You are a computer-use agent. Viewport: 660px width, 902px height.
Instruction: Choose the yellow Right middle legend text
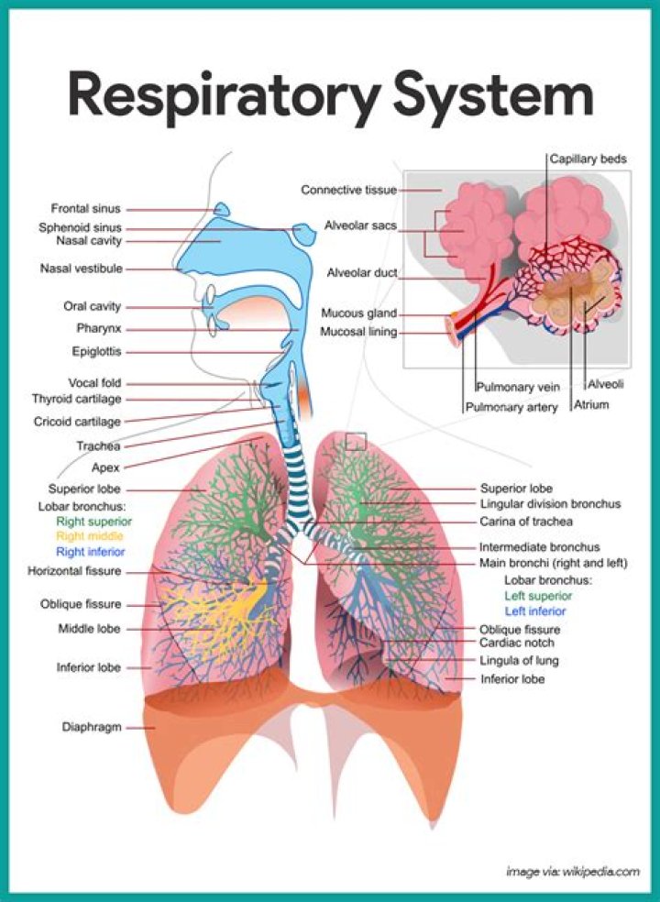click(x=89, y=535)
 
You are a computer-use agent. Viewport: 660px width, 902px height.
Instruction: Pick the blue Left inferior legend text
click(x=534, y=610)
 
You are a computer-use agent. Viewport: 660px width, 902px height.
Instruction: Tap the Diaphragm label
click(x=92, y=727)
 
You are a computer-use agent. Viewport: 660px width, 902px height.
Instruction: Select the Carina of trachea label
click(x=526, y=521)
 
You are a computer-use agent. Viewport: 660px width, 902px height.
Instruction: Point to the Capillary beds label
click(x=588, y=159)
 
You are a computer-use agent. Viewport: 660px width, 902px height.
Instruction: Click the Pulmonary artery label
click(x=511, y=407)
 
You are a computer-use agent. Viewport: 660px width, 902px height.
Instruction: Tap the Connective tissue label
click(x=348, y=190)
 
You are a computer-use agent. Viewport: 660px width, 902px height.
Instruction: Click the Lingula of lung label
click(x=519, y=660)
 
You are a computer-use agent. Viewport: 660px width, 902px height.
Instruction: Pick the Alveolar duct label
click(x=361, y=272)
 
